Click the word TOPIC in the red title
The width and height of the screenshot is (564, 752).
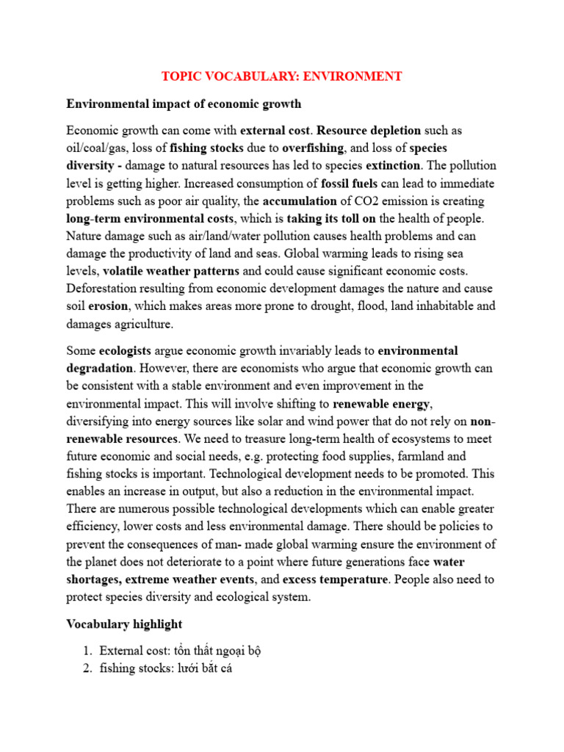point(181,76)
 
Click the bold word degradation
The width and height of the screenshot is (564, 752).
point(100,368)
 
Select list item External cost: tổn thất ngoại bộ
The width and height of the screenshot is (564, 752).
point(180,650)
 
